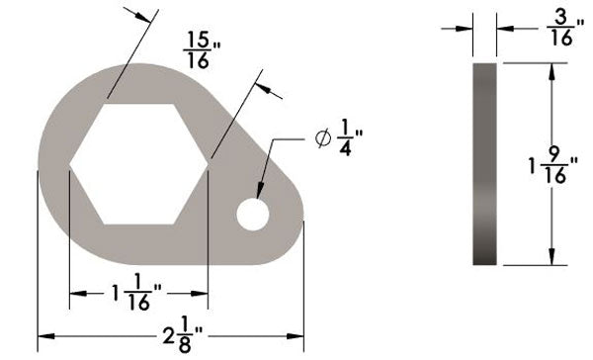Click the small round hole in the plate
[252, 215]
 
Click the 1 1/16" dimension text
[139, 295]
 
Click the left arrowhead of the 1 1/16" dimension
[75, 295]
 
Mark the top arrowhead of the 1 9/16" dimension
[550, 69]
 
